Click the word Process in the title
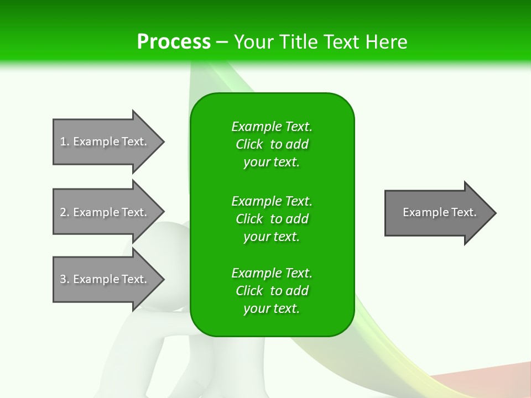pyautogui.click(x=174, y=42)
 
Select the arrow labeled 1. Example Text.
pyautogui.click(x=105, y=142)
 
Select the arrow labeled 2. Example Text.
pyautogui.click(x=105, y=212)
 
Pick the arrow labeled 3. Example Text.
pyautogui.click(x=105, y=279)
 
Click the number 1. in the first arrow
pyautogui.click(x=64, y=142)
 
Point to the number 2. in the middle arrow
pyautogui.click(x=64, y=212)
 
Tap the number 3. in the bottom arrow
pyautogui.click(x=64, y=279)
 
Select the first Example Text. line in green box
pyautogui.click(x=272, y=127)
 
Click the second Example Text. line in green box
pyautogui.click(x=272, y=201)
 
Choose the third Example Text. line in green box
pyautogui.click(x=272, y=273)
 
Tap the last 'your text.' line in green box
pyautogui.click(x=272, y=309)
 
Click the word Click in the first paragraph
pyautogui.click(x=249, y=144)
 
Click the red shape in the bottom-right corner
pyautogui.click(x=487, y=381)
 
